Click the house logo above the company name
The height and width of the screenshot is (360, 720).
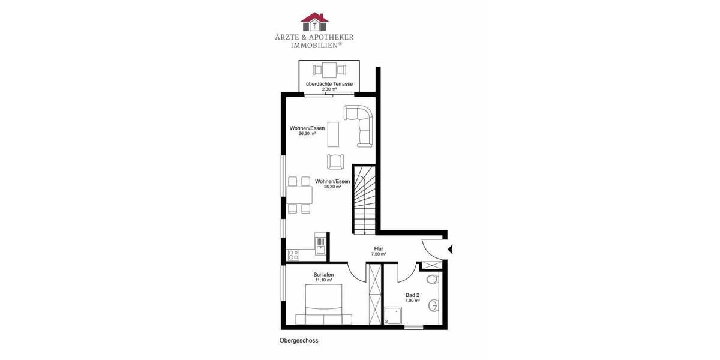(314, 22)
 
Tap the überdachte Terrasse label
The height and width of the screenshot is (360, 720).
(329, 84)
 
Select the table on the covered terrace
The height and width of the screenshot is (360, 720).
(329, 69)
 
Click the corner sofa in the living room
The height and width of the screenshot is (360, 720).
(362, 123)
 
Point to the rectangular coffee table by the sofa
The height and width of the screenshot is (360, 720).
(332, 134)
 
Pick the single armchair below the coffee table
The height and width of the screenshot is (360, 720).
(335, 161)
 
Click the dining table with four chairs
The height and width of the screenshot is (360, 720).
(299, 196)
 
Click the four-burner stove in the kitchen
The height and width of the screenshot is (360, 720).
(293, 255)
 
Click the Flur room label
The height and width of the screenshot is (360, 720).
(379, 248)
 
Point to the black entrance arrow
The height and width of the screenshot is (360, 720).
(451, 249)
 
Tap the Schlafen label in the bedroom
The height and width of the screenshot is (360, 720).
(323, 275)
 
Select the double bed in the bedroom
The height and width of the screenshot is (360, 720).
(323, 305)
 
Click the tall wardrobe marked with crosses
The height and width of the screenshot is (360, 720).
(375, 294)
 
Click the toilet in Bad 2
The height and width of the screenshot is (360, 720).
(432, 280)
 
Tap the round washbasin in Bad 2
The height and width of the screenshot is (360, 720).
(433, 306)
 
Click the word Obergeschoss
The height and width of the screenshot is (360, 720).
(298, 340)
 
